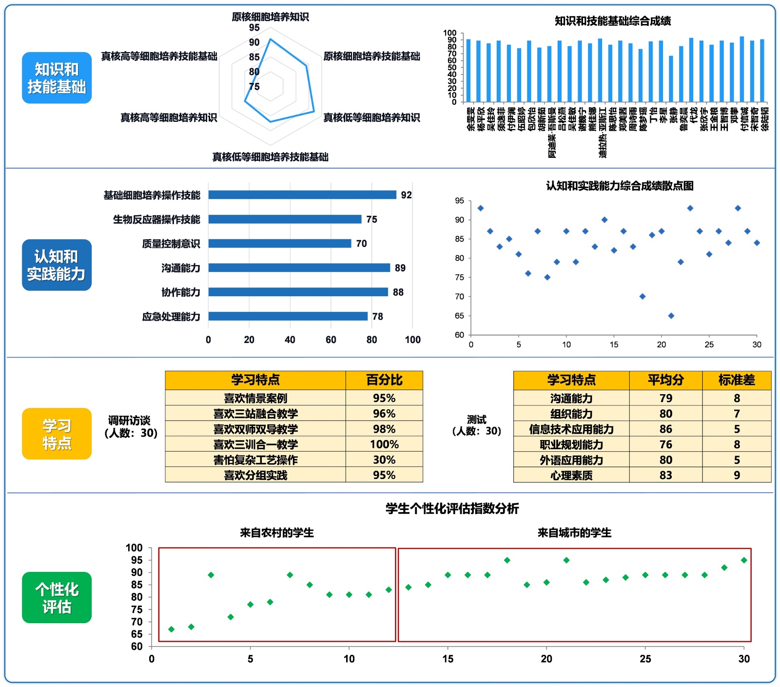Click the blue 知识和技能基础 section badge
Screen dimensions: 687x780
57,78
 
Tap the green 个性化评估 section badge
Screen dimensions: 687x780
57,598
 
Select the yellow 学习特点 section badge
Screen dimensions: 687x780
57,434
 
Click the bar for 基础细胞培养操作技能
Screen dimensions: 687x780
302,195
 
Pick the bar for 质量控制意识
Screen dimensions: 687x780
279,244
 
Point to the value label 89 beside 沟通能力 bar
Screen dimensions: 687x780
400,268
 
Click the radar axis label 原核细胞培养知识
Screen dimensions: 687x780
270,17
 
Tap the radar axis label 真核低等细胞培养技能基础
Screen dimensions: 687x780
270,157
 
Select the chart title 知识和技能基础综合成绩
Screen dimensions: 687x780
613,21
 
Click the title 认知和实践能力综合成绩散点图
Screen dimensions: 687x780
620,186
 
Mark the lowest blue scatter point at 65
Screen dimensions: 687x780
671,316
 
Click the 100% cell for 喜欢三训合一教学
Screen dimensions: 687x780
384,444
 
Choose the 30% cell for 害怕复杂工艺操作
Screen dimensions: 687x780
384,460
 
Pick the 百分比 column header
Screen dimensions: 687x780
384,380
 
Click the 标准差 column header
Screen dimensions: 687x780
737,380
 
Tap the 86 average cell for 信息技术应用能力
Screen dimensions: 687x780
665,429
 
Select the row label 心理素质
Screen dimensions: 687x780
571,475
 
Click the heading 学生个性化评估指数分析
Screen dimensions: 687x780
452,509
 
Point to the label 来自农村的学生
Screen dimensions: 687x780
277,533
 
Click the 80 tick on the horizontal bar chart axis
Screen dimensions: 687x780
371,340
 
